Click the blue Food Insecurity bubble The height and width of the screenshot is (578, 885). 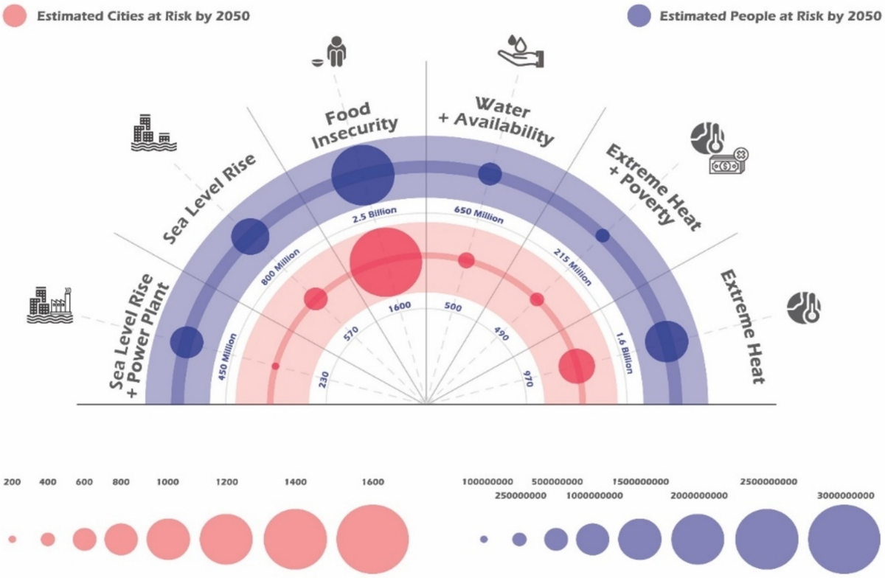(363, 175)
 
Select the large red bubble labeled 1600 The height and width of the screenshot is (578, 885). (385, 261)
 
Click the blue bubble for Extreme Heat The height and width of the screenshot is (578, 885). (666, 341)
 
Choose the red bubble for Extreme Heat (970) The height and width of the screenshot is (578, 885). (576, 366)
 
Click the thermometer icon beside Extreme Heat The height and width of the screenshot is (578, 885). (803, 308)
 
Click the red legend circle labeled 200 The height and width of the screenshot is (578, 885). (13, 540)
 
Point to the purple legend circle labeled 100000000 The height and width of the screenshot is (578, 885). (484, 540)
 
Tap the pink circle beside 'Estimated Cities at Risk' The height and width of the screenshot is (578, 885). (15, 15)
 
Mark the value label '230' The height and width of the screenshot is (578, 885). (322, 375)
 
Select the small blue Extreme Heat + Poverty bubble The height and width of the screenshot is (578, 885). (603, 235)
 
